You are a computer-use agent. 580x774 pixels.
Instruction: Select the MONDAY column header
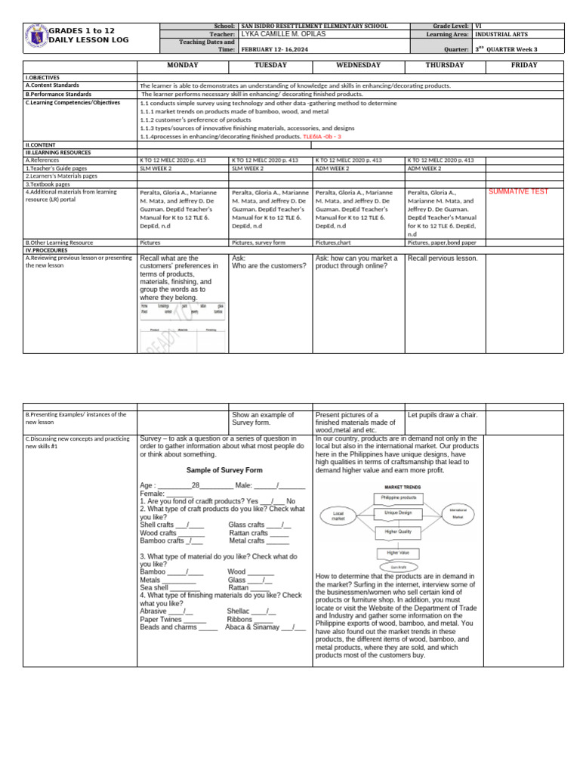(x=182, y=66)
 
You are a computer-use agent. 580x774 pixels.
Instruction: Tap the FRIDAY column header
(x=523, y=66)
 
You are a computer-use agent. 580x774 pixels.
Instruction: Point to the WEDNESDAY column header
(x=358, y=66)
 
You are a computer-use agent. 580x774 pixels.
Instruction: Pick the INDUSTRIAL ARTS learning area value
(x=501, y=35)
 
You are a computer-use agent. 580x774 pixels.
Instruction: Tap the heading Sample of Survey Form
(x=224, y=470)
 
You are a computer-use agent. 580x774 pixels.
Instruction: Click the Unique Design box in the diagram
(x=398, y=513)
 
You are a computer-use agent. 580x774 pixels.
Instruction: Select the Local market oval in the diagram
(x=338, y=517)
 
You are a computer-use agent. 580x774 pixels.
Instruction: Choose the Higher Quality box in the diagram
(x=398, y=532)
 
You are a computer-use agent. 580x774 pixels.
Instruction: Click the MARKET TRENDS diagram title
(x=397, y=488)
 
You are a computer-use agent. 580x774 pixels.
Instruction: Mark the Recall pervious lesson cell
(x=443, y=259)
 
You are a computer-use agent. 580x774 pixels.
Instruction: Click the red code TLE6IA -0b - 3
(x=322, y=137)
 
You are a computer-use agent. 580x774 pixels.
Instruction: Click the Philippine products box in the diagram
(x=398, y=497)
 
